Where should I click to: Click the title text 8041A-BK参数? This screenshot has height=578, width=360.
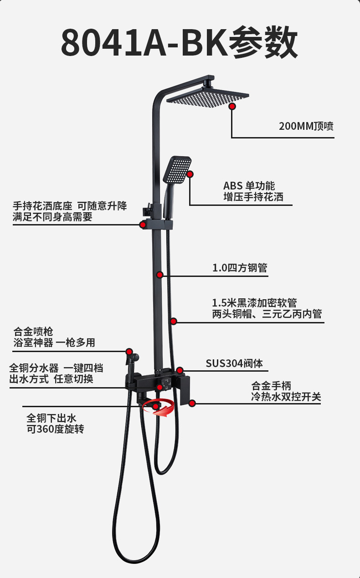click(x=180, y=42)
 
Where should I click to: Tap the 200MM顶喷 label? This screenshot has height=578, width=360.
click(x=306, y=126)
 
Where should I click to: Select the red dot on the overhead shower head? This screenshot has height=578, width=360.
click(x=232, y=106)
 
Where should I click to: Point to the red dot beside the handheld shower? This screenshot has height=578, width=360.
click(x=190, y=174)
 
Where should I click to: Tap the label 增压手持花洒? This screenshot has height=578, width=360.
click(x=253, y=197)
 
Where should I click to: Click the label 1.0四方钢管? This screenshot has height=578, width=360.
click(x=240, y=268)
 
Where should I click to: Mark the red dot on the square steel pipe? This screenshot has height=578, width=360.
click(x=160, y=275)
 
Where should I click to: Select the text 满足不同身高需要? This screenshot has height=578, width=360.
click(x=52, y=217)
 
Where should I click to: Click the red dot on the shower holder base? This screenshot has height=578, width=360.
click(x=143, y=225)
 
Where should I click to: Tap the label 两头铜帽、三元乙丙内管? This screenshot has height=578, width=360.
click(x=267, y=314)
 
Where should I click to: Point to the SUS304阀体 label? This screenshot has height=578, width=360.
click(x=234, y=363)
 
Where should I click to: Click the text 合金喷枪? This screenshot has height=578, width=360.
click(x=33, y=332)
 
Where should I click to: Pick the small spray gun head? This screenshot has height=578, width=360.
click(x=133, y=358)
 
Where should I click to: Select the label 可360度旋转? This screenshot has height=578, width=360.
click(x=55, y=429)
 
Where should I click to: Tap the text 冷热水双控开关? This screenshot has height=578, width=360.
click(x=286, y=397)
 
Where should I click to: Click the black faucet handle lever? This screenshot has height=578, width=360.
click(x=185, y=390)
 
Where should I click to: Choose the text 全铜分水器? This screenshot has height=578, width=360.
click(x=34, y=368)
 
